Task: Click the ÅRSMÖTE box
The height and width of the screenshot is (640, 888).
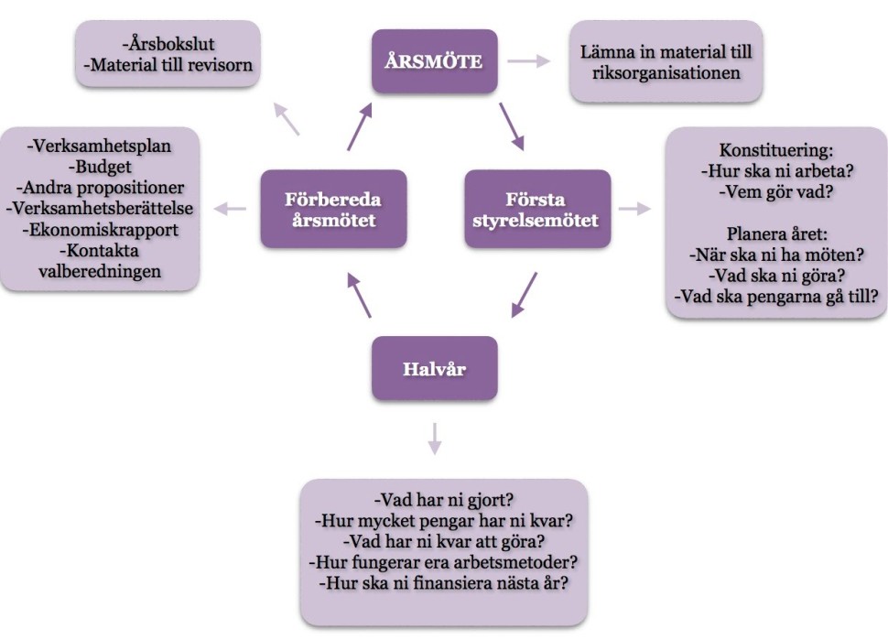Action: (434, 60)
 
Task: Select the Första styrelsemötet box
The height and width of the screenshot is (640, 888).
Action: (537, 209)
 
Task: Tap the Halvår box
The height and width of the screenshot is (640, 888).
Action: (434, 368)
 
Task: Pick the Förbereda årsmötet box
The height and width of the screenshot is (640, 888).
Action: (333, 209)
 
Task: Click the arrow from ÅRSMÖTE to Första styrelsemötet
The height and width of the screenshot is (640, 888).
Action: (511, 126)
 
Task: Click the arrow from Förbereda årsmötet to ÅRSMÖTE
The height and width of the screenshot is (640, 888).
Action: (360, 126)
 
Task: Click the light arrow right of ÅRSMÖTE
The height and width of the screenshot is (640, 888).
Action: (530, 61)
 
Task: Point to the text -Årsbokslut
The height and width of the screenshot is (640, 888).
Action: (168, 43)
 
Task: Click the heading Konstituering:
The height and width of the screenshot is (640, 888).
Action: (776, 149)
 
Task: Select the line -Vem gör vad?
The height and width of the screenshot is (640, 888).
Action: (776, 191)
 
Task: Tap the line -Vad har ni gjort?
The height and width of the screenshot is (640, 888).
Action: (443, 501)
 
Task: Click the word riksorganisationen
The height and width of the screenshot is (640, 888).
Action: (666, 72)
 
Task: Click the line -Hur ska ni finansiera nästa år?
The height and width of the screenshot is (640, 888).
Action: (443, 582)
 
